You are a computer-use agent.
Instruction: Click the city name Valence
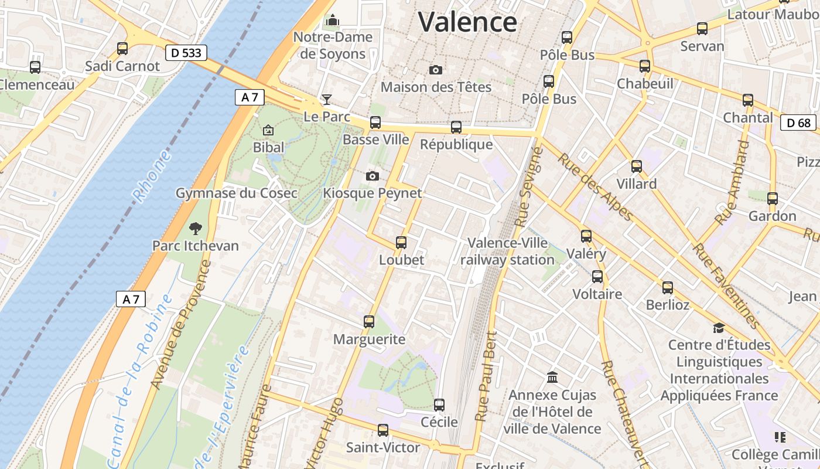(467, 22)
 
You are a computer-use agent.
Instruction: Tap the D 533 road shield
(186, 53)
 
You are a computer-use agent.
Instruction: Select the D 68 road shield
(798, 123)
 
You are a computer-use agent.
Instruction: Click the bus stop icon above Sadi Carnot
(122, 48)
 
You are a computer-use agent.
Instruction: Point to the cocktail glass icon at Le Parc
(327, 100)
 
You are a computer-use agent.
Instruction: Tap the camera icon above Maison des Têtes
(435, 70)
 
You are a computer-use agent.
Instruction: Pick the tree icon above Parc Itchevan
(195, 228)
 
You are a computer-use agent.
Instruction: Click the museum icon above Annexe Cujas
(552, 377)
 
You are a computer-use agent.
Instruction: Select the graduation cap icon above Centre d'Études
(719, 327)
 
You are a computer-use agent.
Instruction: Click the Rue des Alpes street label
(595, 187)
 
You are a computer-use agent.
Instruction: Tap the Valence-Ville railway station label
(507, 251)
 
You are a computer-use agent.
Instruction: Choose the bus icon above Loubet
(401, 242)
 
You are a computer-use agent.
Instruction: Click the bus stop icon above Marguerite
(368, 321)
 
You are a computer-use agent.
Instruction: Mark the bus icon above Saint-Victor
(383, 430)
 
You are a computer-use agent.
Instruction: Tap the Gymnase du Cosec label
(236, 193)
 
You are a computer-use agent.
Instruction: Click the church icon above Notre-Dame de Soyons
(333, 21)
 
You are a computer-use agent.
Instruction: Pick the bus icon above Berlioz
(667, 287)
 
